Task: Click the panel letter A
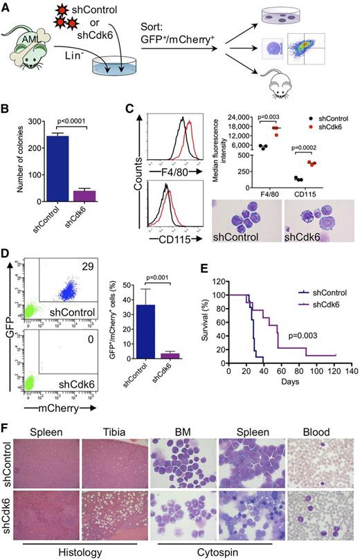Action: coord(6,6)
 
